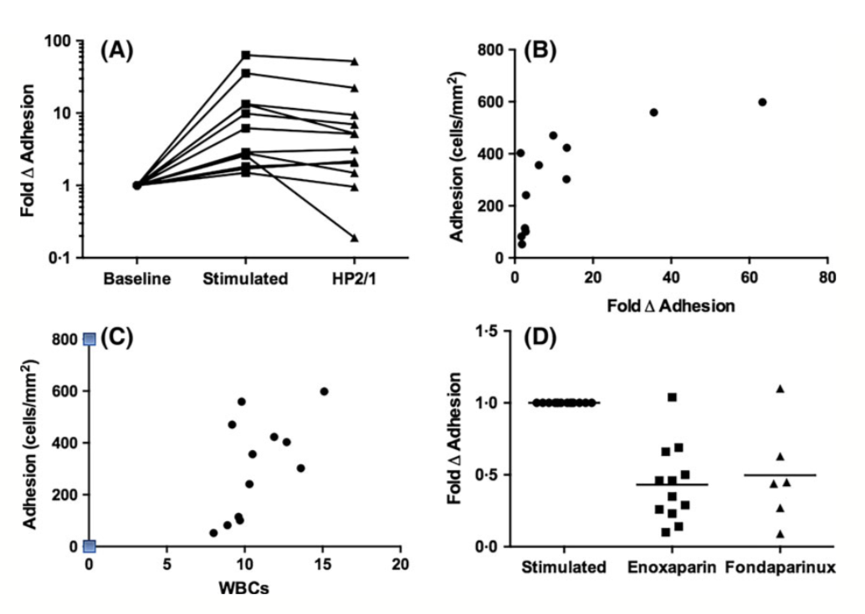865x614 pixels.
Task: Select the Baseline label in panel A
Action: click(137, 279)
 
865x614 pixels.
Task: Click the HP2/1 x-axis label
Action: click(354, 279)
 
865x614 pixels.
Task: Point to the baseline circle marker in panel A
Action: click(137, 185)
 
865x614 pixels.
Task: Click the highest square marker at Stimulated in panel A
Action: click(246, 55)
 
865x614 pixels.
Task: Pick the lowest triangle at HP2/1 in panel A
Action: click(355, 238)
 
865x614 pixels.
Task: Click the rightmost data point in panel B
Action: click(762, 102)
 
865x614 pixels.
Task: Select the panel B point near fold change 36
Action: click(654, 112)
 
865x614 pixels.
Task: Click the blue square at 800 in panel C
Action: click(90, 339)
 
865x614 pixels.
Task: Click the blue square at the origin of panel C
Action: click(90, 546)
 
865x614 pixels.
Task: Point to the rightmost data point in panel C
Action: click(324, 391)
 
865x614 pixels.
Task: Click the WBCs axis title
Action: click(245, 586)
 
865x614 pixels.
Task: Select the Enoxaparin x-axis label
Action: click(671, 567)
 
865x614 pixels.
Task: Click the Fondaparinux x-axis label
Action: click(781, 567)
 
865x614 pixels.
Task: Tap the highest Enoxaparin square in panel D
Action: click(672, 397)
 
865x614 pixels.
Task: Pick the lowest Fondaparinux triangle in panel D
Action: click(780, 534)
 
